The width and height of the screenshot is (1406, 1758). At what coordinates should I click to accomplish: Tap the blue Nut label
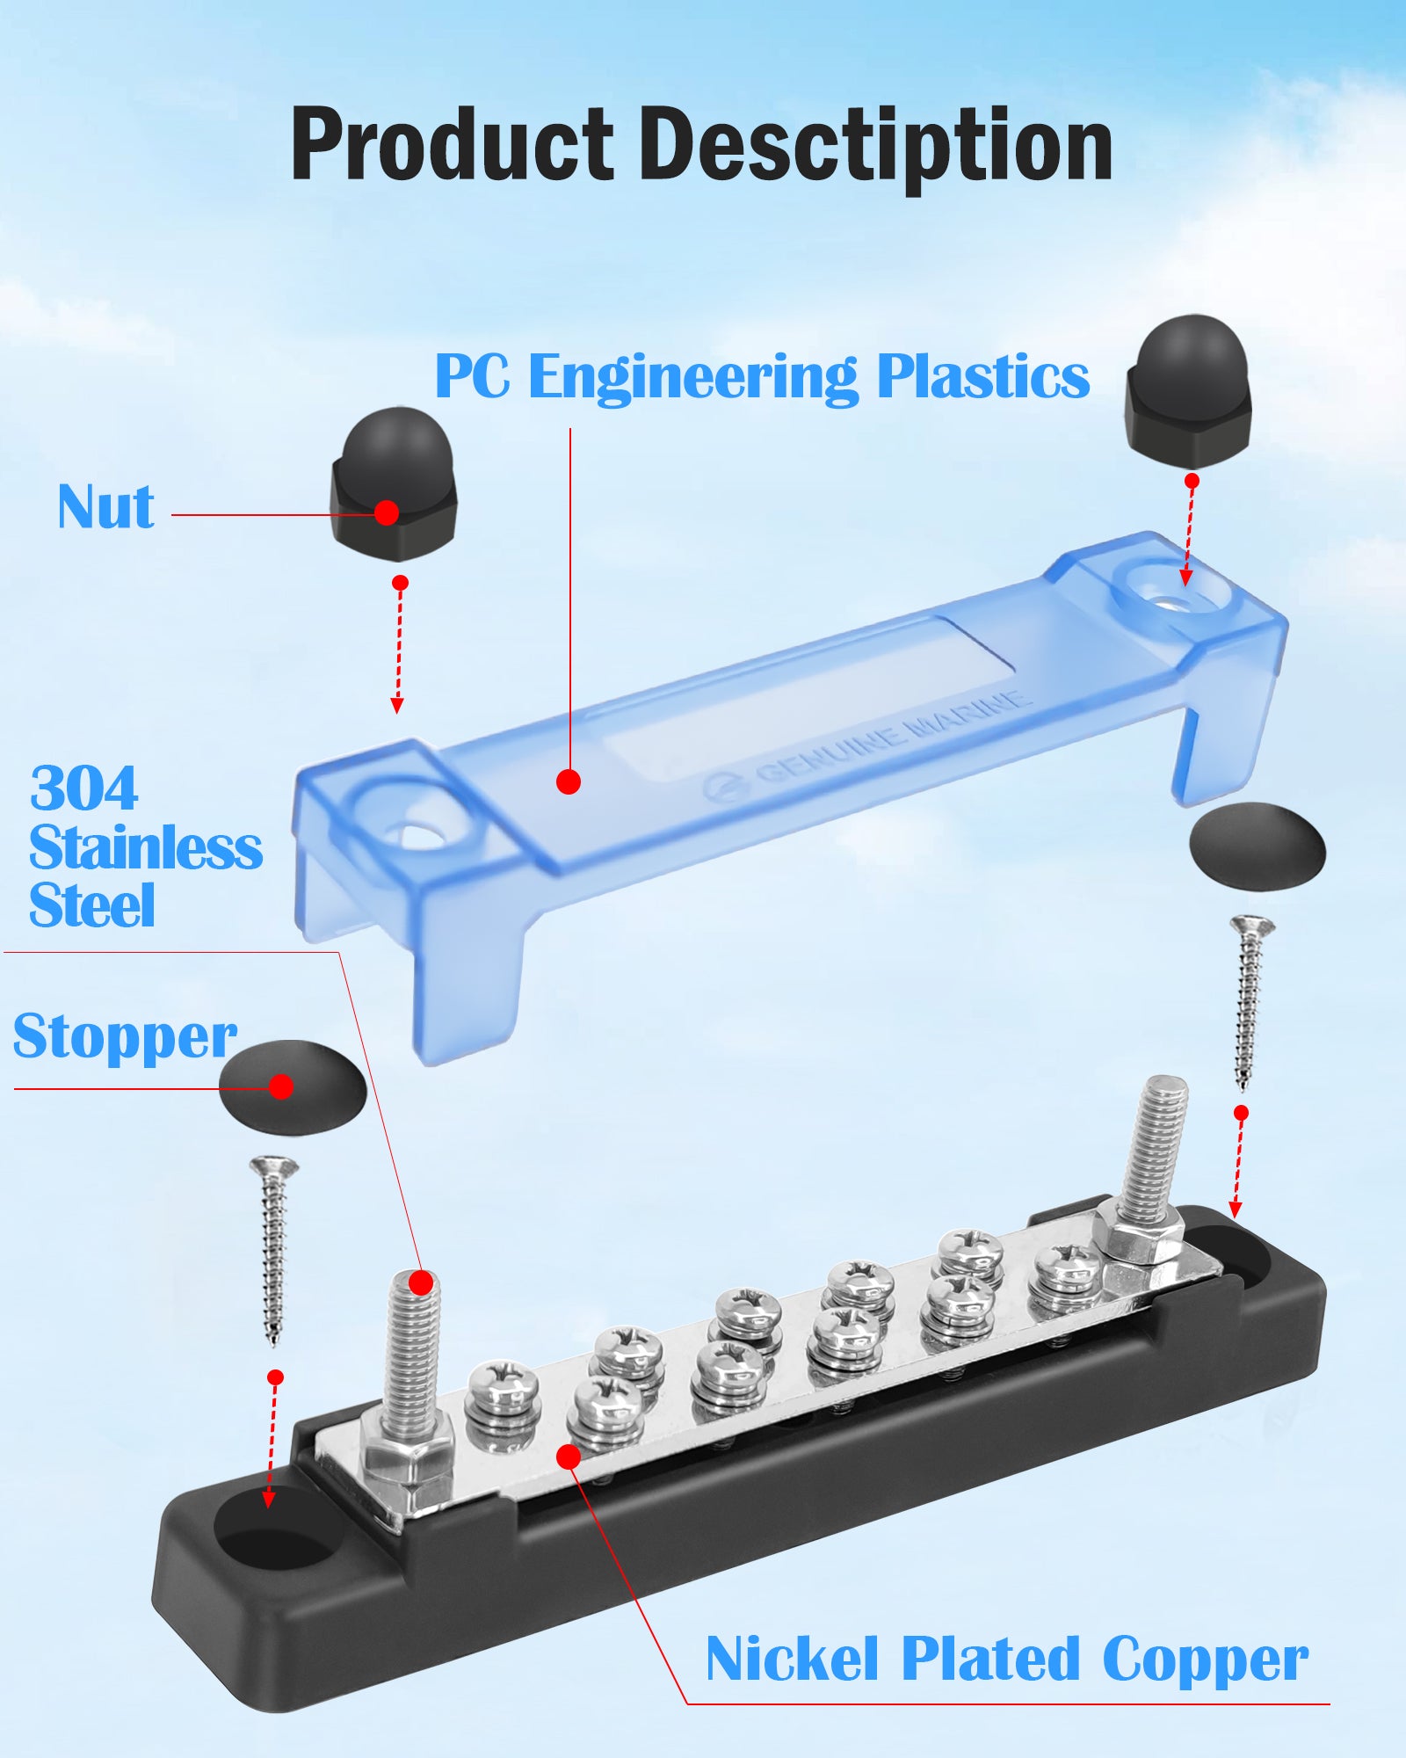coord(105,507)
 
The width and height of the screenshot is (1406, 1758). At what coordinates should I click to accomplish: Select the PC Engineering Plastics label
coord(762,377)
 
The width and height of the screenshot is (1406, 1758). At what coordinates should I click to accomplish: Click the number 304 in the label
coord(84,788)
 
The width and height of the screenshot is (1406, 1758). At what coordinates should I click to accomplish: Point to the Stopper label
coord(125,1037)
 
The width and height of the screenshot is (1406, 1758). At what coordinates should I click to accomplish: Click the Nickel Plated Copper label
coord(1007,1660)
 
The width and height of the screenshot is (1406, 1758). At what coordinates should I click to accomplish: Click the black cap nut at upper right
coord(1189,391)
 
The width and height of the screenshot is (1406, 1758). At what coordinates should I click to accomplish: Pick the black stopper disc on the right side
coord(1257,846)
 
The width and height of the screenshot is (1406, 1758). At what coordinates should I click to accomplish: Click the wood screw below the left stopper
coord(274,1248)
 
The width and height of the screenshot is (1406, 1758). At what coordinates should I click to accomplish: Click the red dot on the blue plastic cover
coord(569,781)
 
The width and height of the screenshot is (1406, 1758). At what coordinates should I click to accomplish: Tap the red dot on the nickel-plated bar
coord(569,1457)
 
